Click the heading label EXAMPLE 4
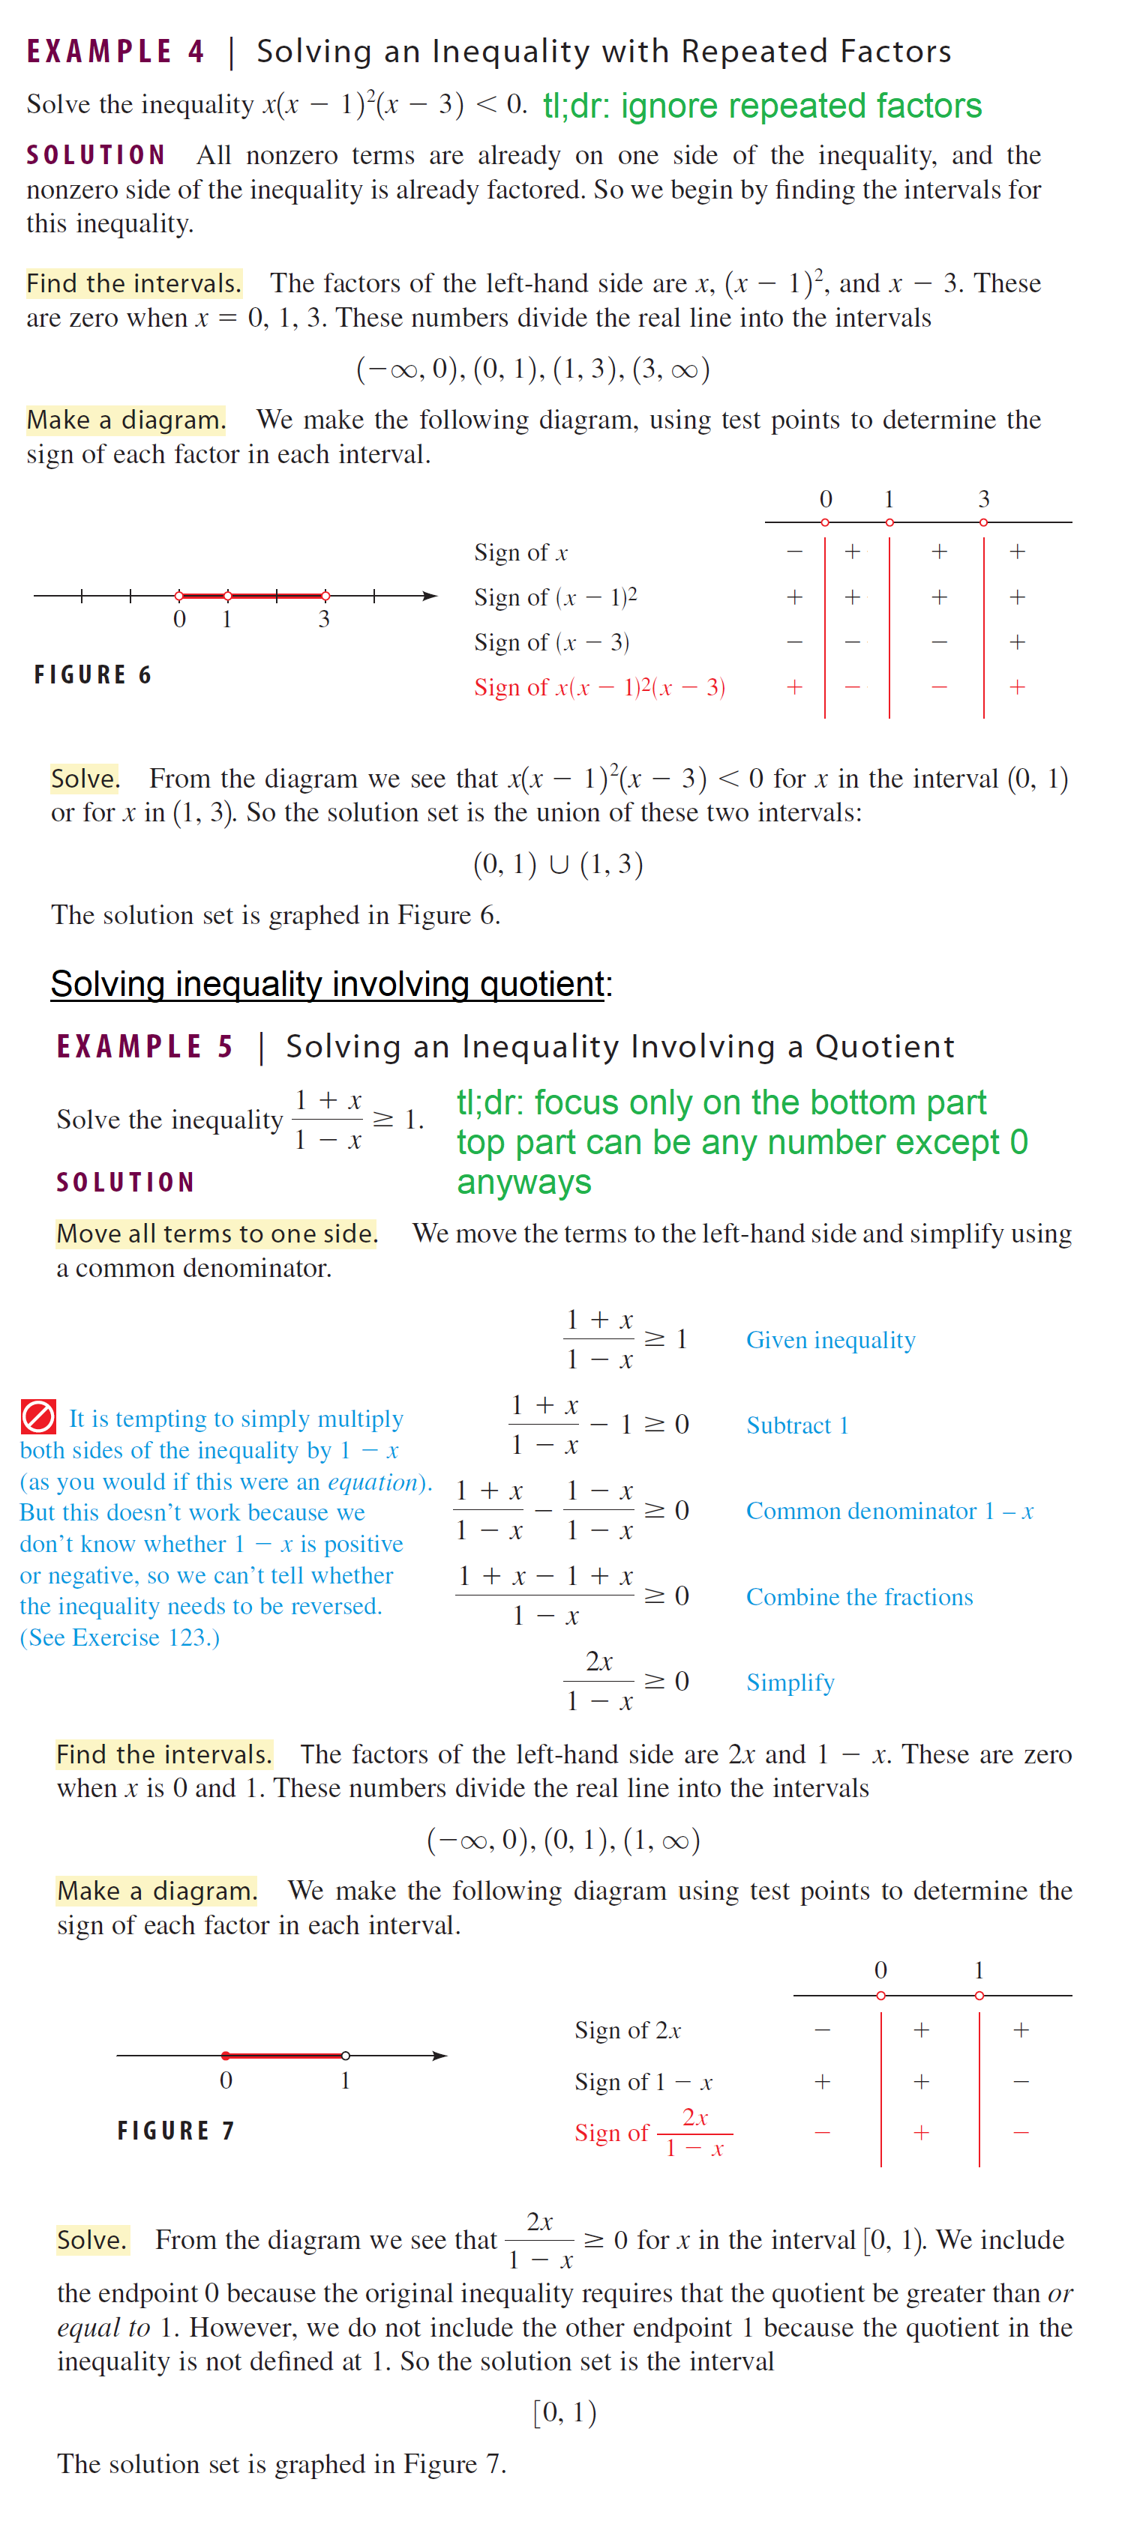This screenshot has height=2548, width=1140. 115,52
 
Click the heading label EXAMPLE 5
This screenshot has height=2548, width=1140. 145,1046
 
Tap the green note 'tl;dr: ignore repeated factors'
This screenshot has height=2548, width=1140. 762,106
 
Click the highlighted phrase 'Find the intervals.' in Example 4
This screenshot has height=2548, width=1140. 133,284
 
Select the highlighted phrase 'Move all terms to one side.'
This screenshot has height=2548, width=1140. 217,1234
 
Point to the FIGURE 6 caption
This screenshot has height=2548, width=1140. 93,674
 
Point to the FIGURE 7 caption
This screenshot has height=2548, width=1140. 176,2131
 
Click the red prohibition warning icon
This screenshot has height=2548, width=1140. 38,1416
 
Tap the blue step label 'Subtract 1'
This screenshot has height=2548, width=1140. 796,1425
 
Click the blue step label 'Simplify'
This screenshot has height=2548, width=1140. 790,1682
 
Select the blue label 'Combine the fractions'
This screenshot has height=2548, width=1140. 859,1598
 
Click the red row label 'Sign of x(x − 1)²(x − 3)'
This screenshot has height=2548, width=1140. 598,687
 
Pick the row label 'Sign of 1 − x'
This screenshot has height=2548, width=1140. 643,2082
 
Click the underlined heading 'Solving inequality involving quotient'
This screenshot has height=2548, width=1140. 328,984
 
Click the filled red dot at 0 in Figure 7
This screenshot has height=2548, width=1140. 226,2056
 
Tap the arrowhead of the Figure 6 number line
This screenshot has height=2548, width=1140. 430,596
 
